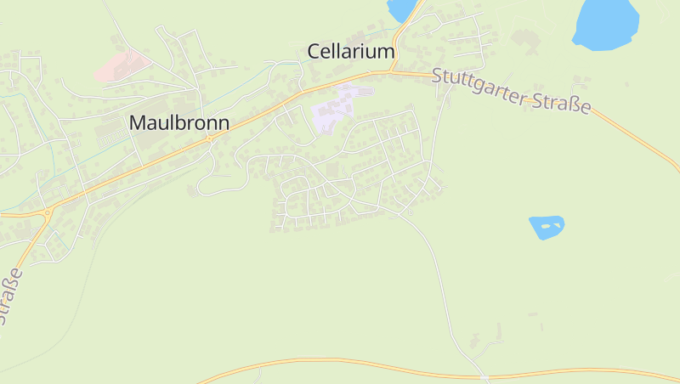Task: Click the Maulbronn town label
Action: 178,122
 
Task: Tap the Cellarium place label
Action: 350,52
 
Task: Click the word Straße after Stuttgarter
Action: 561,106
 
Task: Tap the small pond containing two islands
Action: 546,227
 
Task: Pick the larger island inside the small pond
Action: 548,226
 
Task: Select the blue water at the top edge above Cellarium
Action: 401,8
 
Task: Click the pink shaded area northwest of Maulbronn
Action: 122,65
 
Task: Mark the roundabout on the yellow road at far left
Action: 48,212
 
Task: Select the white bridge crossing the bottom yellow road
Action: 484,376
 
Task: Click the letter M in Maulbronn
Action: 137,122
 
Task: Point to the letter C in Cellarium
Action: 313,52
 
